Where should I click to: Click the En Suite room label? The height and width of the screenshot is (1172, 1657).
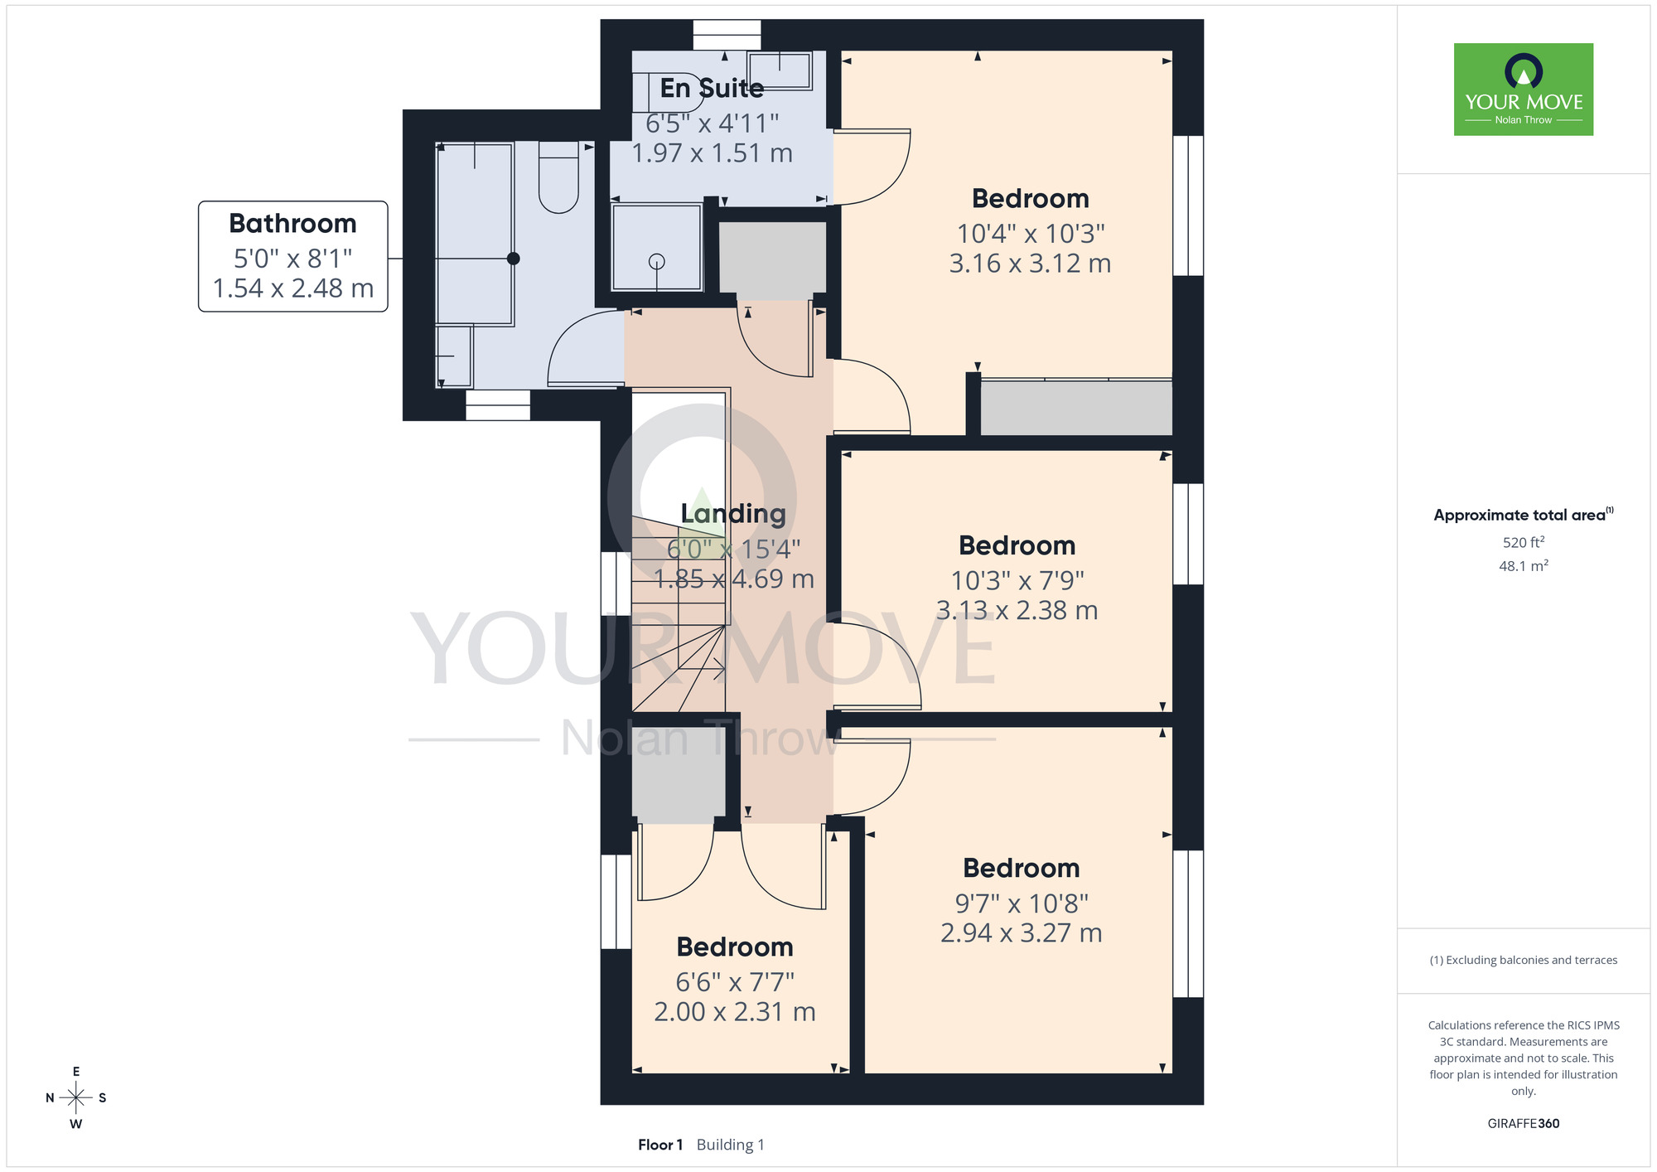coord(712,88)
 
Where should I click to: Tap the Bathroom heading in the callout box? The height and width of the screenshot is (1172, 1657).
coord(292,224)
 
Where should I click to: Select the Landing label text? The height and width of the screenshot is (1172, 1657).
coord(733,514)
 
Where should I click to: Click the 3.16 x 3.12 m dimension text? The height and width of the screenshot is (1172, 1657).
coord(1030,264)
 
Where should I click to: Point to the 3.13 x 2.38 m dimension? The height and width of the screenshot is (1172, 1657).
coord(1017,611)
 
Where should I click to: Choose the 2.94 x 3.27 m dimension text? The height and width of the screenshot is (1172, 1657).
coord(1021,933)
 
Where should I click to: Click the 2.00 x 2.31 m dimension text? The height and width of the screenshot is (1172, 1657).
coord(735,1012)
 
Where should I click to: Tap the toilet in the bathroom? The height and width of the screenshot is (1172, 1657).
coord(558,177)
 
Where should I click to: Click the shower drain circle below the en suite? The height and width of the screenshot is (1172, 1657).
coord(657,262)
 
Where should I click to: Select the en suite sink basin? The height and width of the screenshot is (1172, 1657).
coord(779,70)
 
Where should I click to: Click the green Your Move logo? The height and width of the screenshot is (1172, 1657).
coord(1524,90)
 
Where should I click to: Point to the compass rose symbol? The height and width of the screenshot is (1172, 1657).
coord(75,1098)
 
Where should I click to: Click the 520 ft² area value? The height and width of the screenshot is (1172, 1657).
coord(1524,542)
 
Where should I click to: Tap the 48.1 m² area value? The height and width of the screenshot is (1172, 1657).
coord(1524,566)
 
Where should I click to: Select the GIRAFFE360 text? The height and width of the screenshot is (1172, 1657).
coord(1524,1124)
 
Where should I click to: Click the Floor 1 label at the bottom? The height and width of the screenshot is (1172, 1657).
coord(660,1145)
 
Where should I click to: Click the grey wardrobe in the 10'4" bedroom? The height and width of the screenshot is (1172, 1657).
coord(1076,408)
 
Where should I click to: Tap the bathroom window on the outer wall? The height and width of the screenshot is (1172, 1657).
coord(497,405)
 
